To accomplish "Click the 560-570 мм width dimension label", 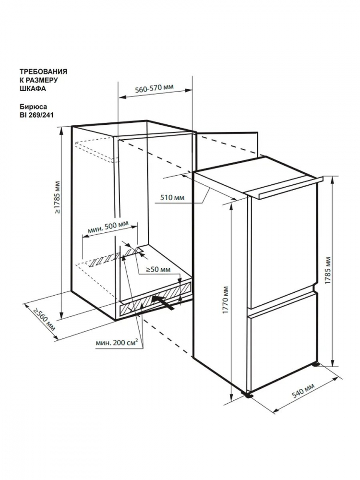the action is [154, 88].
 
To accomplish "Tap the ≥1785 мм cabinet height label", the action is [58, 197].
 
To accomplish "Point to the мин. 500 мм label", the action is [108, 227].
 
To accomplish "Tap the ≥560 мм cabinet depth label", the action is [45, 320].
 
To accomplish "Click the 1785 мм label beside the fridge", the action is [328, 270].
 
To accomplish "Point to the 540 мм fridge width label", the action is [303, 390].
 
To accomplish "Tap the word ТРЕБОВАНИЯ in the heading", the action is [44, 72].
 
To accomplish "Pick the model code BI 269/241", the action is [35, 115].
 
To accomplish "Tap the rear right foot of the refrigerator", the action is [315, 365].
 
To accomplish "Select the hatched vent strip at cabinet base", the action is [155, 301].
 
